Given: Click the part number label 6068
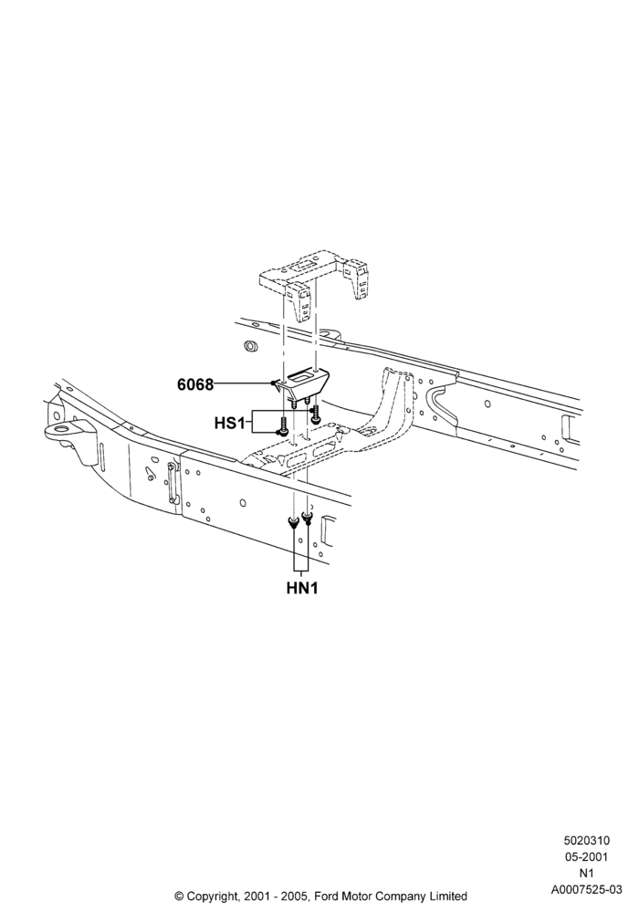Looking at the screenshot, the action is pyautogui.click(x=195, y=384).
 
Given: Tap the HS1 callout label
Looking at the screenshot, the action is pyautogui.click(x=229, y=423).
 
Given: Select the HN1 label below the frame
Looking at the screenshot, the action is pyautogui.click(x=302, y=588).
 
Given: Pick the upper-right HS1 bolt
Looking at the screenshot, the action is pyautogui.click(x=315, y=413).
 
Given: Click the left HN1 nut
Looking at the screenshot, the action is pyautogui.click(x=293, y=522).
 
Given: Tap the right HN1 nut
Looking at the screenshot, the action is pyautogui.click(x=307, y=517).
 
